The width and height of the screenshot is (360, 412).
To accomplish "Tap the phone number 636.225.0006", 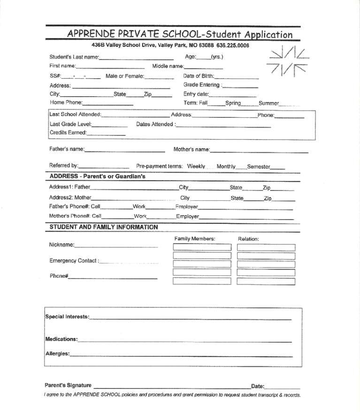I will (233, 46).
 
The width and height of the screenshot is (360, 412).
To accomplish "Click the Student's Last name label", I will (74, 57).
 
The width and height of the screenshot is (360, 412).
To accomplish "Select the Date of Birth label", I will (198, 76).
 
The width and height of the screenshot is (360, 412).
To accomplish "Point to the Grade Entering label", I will (201, 85).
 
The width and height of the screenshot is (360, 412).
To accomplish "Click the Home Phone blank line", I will (108, 104).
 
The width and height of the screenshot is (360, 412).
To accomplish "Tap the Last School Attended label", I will (75, 115).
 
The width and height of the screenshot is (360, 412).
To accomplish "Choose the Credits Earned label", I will (68, 133).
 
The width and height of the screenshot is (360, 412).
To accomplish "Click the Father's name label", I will (67, 150).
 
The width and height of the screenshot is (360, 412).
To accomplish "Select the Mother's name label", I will (191, 150).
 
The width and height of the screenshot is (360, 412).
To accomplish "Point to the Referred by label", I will (63, 166).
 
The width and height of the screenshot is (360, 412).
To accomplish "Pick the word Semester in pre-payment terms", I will (259, 167).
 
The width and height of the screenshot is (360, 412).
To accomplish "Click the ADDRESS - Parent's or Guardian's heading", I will (97, 177).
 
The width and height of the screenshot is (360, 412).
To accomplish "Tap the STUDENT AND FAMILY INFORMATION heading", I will (103, 227).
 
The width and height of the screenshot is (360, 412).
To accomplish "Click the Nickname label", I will (61, 245).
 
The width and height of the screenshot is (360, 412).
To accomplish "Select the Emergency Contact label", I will (74, 261).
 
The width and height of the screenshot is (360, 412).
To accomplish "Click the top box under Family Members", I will (202, 247).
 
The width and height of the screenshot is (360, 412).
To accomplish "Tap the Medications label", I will (61, 339).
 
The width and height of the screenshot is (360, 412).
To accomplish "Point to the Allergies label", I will (57, 353).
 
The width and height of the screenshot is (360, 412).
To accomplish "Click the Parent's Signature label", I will (68, 385).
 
